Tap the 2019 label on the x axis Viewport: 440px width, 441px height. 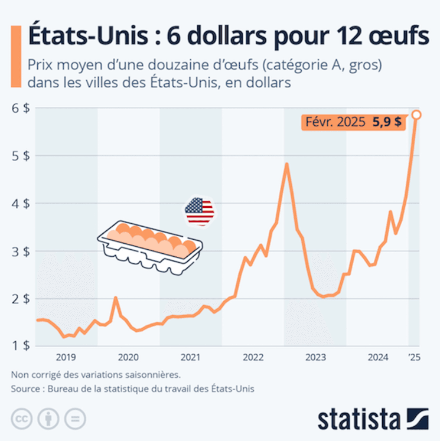[66, 357]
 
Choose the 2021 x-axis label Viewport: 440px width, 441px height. [190, 357]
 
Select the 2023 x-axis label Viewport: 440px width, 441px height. [315, 357]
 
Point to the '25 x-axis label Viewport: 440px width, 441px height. [414, 357]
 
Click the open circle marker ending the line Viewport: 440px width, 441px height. [416, 115]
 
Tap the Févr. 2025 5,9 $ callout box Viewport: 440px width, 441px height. [352, 122]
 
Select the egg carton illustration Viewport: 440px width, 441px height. [149, 244]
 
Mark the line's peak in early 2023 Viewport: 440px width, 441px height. [286, 164]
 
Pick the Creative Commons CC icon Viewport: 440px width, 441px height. [22, 419]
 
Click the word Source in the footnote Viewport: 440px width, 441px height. [25, 388]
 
